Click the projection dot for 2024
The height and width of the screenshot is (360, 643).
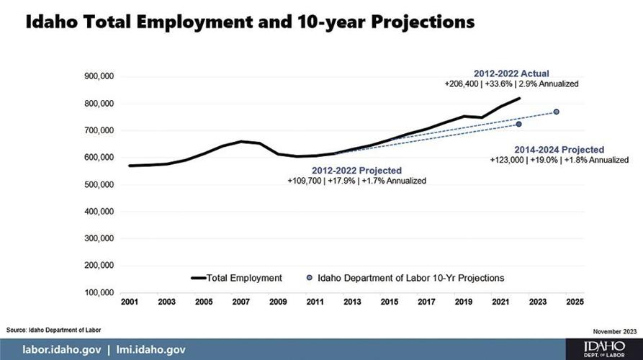point(557,112)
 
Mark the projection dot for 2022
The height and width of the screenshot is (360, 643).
point(518,125)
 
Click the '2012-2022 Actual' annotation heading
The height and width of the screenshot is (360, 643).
point(511,73)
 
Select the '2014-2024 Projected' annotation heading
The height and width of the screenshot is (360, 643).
point(559,149)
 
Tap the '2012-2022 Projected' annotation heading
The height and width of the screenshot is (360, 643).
point(356,171)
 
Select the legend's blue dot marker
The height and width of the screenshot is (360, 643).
point(309,277)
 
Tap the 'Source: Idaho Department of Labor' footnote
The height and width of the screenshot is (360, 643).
point(54,330)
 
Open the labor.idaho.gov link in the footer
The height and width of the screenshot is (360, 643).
point(61,349)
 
